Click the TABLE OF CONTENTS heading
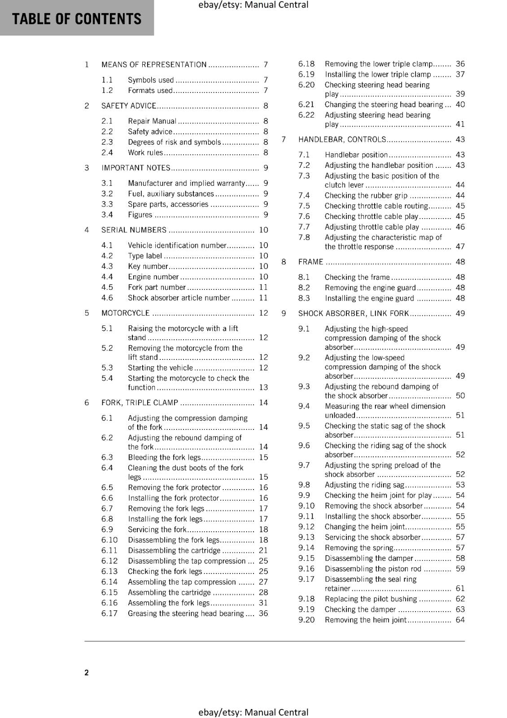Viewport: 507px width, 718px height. [77, 19]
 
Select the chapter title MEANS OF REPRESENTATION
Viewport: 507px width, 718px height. [154, 65]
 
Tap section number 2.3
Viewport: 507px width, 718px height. [107, 142]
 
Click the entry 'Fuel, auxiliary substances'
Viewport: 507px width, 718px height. [171, 194]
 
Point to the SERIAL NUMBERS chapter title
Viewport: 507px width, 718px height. [134, 230]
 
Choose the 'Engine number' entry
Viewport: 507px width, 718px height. [153, 277]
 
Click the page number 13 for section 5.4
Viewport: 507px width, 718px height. [263, 387]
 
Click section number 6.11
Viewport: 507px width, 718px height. [109, 551]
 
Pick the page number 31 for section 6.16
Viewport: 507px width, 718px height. [263, 603]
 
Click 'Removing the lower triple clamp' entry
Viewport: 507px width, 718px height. [379, 64]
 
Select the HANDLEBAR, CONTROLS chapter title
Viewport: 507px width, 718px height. [342, 140]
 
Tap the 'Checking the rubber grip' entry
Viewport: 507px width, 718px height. [366, 196]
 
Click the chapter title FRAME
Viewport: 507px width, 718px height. [310, 262]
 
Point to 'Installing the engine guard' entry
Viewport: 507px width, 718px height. [369, 298]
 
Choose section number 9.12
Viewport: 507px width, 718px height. [306, 527]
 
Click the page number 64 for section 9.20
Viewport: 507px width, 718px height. [460, 620]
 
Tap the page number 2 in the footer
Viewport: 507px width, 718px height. [87, 672]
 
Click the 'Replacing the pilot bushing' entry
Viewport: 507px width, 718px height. [371, 599]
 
